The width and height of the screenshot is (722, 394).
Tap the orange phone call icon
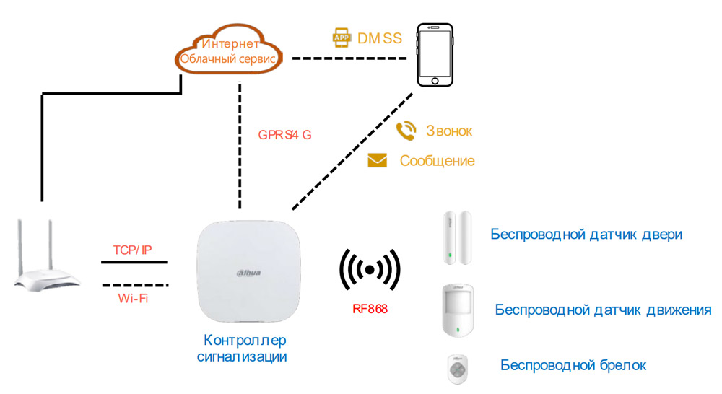pyautogui.click(x=406, y=131)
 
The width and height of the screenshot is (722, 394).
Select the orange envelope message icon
pyautogui.click(x=378, y=161)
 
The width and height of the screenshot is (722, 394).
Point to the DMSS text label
pyautogui.click(x=380, y=38)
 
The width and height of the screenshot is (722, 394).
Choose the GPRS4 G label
pyautogui.click(x=285, y=134)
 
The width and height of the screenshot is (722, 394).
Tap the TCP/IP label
pyautogui.click(x=133, y=250)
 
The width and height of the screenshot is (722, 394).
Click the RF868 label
pyautogui.click(x=369, y=309)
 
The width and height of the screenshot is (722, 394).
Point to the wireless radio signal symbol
pyautogui.click(x=370, y=271)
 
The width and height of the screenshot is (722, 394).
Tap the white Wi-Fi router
pyautogui.click(x=47, y=261)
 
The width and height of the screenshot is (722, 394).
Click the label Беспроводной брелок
pyautogui.click(x=573, y=365)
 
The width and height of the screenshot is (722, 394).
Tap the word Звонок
pyautogui.click(x=448, y=131)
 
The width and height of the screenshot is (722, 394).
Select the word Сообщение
pyautogui.click(x=437, y=161)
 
